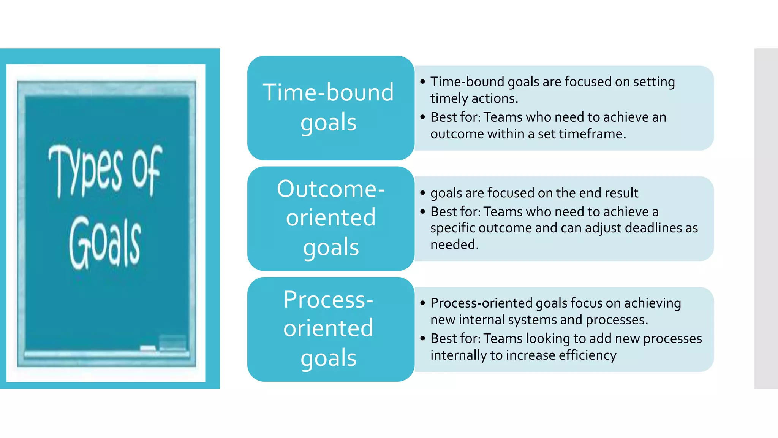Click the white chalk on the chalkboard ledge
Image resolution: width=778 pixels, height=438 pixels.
(x=148, y=348)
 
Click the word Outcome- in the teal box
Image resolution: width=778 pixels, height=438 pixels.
(x=330, y=189)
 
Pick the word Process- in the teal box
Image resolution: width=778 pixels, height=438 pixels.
(x=328, y=300)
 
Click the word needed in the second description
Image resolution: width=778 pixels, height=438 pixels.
(x=454, y=244)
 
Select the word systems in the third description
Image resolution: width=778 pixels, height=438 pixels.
(x=532, y=320)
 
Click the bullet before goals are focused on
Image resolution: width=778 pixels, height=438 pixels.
(x=422, y=193)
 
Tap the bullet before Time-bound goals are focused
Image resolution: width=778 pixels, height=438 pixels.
(x=422, y=82)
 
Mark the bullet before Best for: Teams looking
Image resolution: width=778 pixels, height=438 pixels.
(x=422, y=338)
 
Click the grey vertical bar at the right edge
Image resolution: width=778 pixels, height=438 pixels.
(x=765, y=219)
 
